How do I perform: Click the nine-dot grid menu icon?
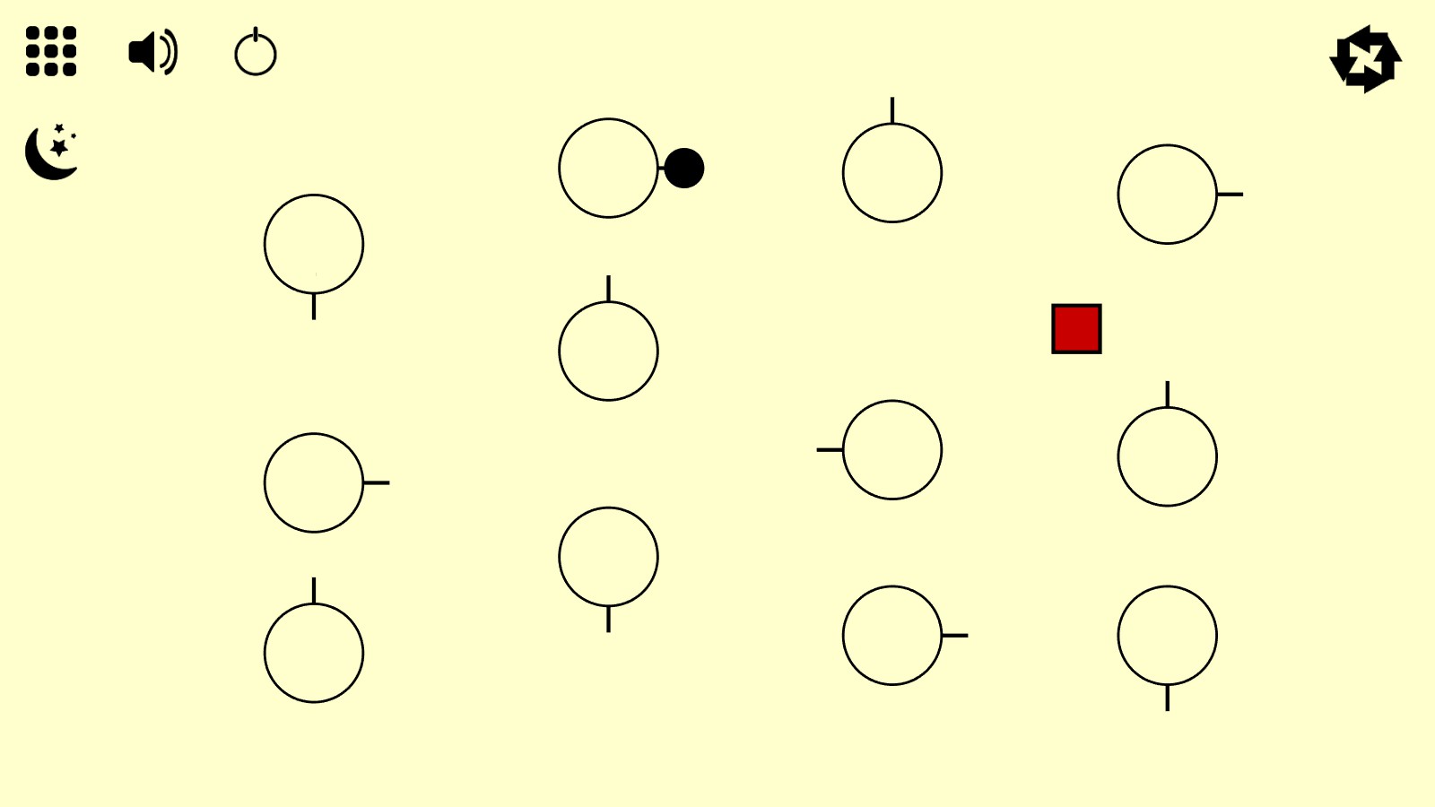51,51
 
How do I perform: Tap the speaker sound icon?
152,52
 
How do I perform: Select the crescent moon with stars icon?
52,152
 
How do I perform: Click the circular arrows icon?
1365,59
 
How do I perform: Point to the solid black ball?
684,169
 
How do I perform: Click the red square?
1076,329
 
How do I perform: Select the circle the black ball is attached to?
608,169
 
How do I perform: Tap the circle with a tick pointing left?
892,450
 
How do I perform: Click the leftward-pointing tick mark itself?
829,450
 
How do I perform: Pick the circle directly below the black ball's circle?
608,351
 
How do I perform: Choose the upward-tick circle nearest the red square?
1167,456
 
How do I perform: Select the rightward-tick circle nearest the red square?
1167,195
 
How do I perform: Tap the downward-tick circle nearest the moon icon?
314,244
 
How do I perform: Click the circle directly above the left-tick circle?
892,173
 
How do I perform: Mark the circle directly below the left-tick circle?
892,636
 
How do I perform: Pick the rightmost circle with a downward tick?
1167,636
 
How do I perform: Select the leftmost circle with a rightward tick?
314,483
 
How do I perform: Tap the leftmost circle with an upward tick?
314,653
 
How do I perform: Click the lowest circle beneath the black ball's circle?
608,557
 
